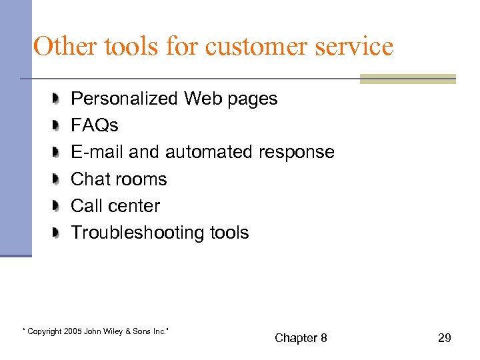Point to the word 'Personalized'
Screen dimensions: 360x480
[x=125, y=99]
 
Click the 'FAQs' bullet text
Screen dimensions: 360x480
[x=95, y=125]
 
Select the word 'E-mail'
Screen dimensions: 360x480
[x=97, y=152]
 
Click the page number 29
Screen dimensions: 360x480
[x=444, y=338]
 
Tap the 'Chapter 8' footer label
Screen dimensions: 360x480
[x=301, y=338]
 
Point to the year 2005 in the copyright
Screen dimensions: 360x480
[x=73, y=331]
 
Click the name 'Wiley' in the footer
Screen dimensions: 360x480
[x=111, y=331]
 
